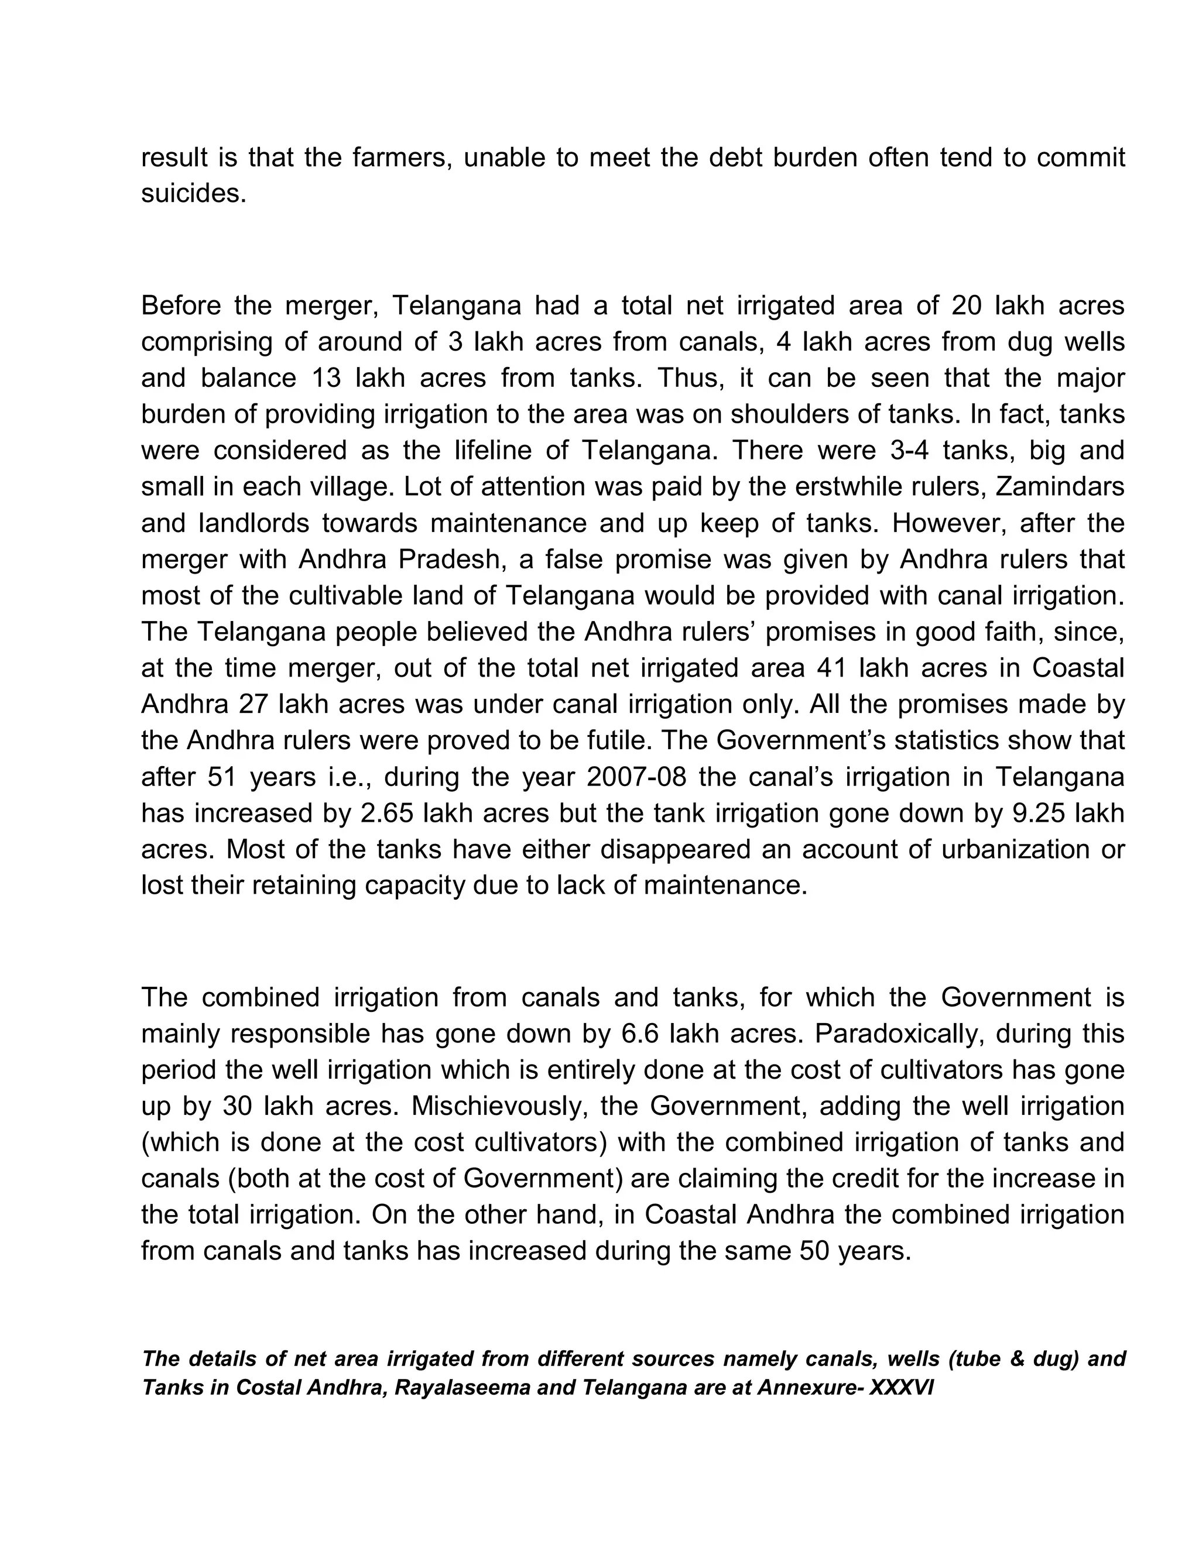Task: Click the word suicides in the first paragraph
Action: pos(193,193)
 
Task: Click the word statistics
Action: pos(970,741)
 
